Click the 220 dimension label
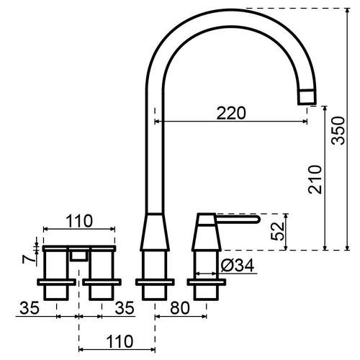(x=231, y=113)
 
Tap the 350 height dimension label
(x=338, y=130)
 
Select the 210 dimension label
(x=315, y=179)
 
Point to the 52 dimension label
(x=277, y=231)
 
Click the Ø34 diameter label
(x=237, y=266)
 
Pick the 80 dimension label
(x=180, y=308)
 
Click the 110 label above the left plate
(x=79, y=221)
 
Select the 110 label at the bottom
(x=120, y=341)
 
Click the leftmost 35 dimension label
(x=30, y=308)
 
